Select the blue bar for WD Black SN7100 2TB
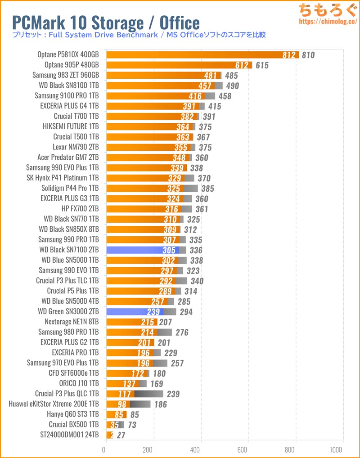(x=142, y=250)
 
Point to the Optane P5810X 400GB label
(x=68, y=55)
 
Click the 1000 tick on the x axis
(x=335, y=449)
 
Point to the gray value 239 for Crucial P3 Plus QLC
(x=173, y=394)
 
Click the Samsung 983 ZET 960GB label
(x=66, y=75)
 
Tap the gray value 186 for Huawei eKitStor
(x=160, y=404)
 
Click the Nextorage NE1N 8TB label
(x=72, y=322)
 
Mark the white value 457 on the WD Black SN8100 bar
(x=205, y=85)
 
